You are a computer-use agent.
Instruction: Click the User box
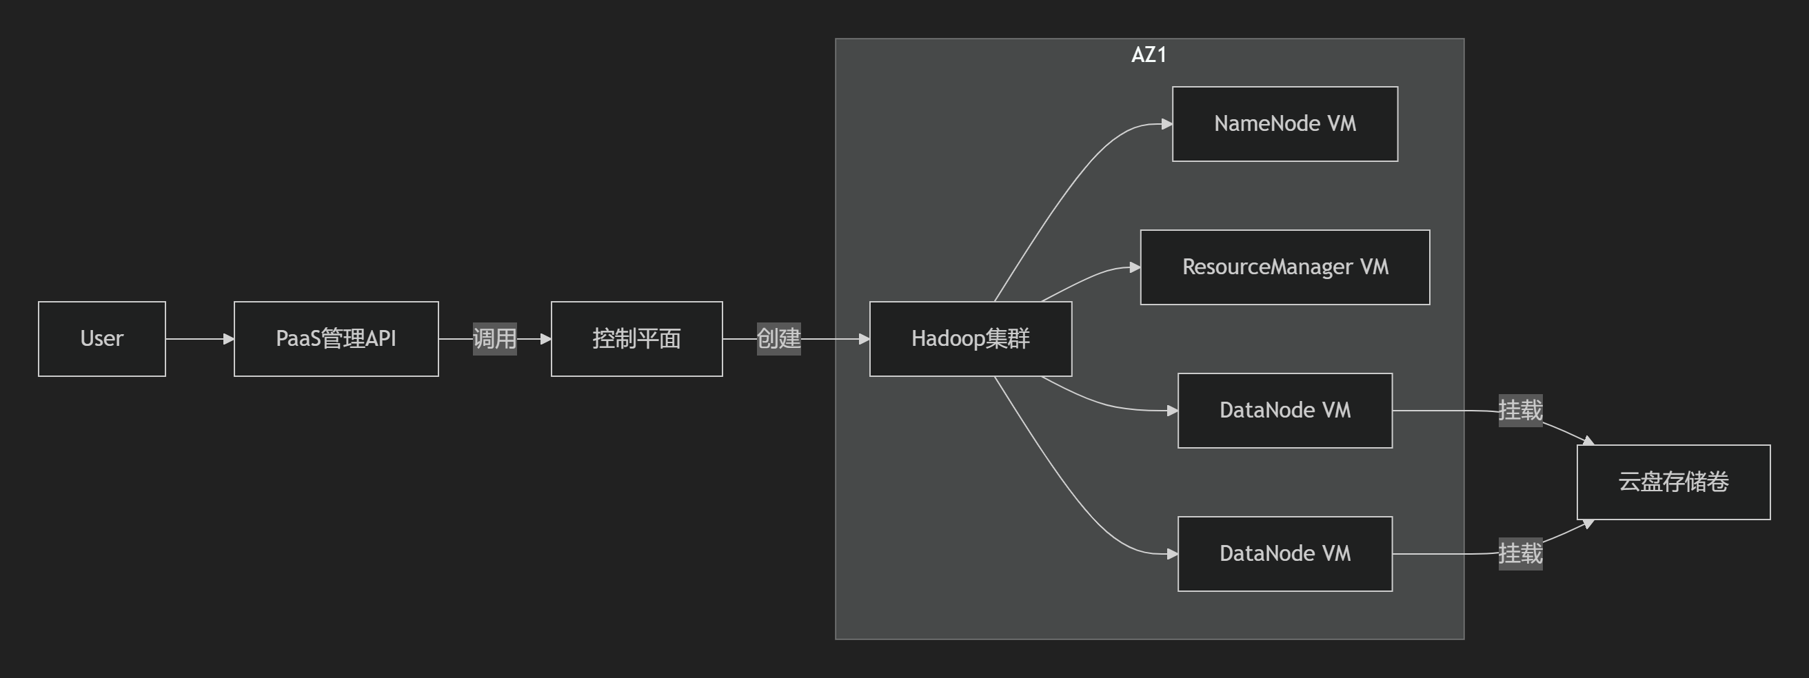[x=102, y=339]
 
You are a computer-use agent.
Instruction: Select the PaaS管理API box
[x=336, y=339]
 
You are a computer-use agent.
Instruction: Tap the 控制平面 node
[x=636, y=339]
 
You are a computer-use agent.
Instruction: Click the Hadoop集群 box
[x=970, y=339]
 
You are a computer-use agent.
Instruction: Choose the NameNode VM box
[x=1284, y=124]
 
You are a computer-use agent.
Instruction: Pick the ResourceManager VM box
[x=1284, y=267]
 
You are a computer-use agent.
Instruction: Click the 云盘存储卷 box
[x=1672, y=482]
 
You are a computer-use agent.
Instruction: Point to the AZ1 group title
[x=1149, y=54]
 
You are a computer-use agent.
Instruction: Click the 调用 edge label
[x=494, y=339]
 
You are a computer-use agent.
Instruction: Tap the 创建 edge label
[x=778, y=339]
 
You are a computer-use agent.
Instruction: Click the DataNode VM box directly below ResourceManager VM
[x=1284, y=411]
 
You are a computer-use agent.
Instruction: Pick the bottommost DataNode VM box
[x=1284, y=554]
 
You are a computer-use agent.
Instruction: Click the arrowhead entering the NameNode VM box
[x=1166, y=124]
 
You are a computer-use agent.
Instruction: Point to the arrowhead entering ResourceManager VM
[x=1134, y=267]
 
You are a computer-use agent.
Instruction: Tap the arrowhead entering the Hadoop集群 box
[x=864, y=339]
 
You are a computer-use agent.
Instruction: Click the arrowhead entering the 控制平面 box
[x=545, y=339]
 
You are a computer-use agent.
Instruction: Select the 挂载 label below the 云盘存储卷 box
[x=1519, y=554]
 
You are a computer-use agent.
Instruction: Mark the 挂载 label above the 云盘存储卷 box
[x=1519, y=411]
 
